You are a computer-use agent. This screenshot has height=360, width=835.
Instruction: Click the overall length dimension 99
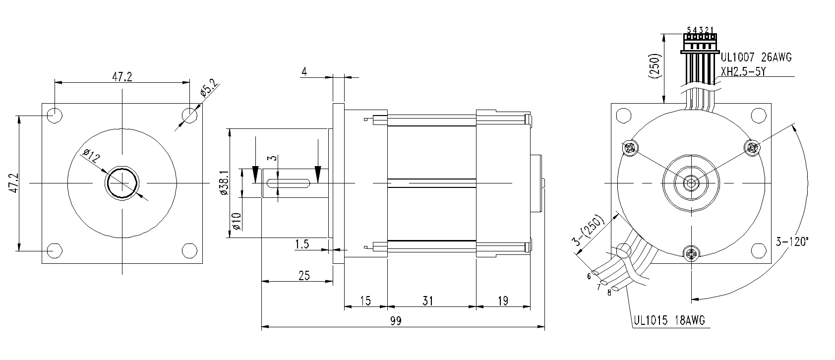396,321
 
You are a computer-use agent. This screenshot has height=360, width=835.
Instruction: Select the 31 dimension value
428,301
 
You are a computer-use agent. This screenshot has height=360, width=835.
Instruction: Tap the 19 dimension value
503,301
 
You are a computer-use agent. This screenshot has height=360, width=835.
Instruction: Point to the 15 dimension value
365,301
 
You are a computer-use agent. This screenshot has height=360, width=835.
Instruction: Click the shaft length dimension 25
304,275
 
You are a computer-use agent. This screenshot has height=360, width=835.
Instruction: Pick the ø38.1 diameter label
224,182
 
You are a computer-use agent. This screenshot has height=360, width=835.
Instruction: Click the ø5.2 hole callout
209,88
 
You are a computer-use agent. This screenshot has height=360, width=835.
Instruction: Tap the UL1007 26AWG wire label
756,58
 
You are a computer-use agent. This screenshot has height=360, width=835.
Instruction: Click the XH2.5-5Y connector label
743,71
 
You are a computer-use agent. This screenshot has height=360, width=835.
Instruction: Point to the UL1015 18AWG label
669,320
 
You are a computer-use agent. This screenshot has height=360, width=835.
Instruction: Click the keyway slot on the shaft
289,183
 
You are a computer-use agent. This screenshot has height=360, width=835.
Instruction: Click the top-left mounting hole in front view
55,116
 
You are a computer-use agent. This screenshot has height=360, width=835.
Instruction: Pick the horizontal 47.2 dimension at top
122,77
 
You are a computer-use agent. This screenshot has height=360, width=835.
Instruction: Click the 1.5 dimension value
302,244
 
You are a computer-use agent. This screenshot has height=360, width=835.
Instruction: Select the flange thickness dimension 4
304,71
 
